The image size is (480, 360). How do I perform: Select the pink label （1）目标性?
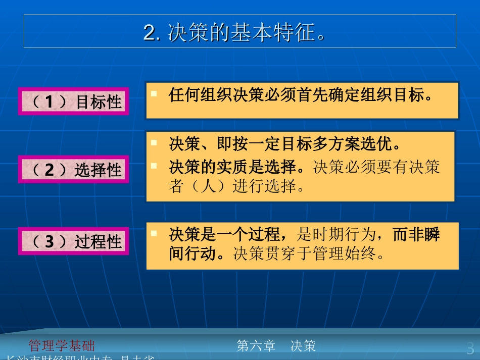[74, 101]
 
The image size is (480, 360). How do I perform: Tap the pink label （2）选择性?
[74, 170]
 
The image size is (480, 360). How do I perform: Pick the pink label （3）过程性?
[74, 241]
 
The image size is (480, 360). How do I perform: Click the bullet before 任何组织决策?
[154, 94]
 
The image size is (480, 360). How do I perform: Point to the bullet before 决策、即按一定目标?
[154, 143]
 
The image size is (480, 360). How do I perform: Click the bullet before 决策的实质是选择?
[154, 166]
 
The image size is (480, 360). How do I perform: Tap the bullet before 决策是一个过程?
[154, 233]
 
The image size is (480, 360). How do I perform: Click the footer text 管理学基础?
[62, 346]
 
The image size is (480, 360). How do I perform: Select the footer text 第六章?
[256, 346]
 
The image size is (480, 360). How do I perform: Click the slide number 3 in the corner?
[470, 348]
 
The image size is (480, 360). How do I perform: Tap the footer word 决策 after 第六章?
[303, 346]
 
